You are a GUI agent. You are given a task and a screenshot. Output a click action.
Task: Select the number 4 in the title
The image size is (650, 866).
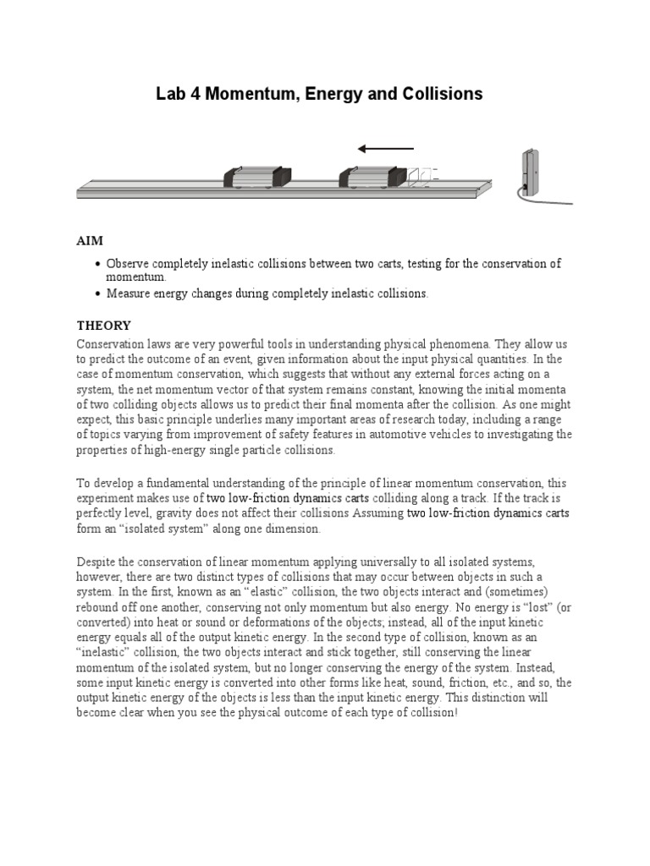point(193,94)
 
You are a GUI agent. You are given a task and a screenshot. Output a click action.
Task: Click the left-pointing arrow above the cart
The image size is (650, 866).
point(386,149)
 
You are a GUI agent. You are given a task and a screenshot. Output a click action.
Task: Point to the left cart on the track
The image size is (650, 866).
point(257,176)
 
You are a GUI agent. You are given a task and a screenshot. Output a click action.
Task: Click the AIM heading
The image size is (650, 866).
point(90,241)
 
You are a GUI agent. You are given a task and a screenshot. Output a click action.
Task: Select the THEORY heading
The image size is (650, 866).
point(104,325)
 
